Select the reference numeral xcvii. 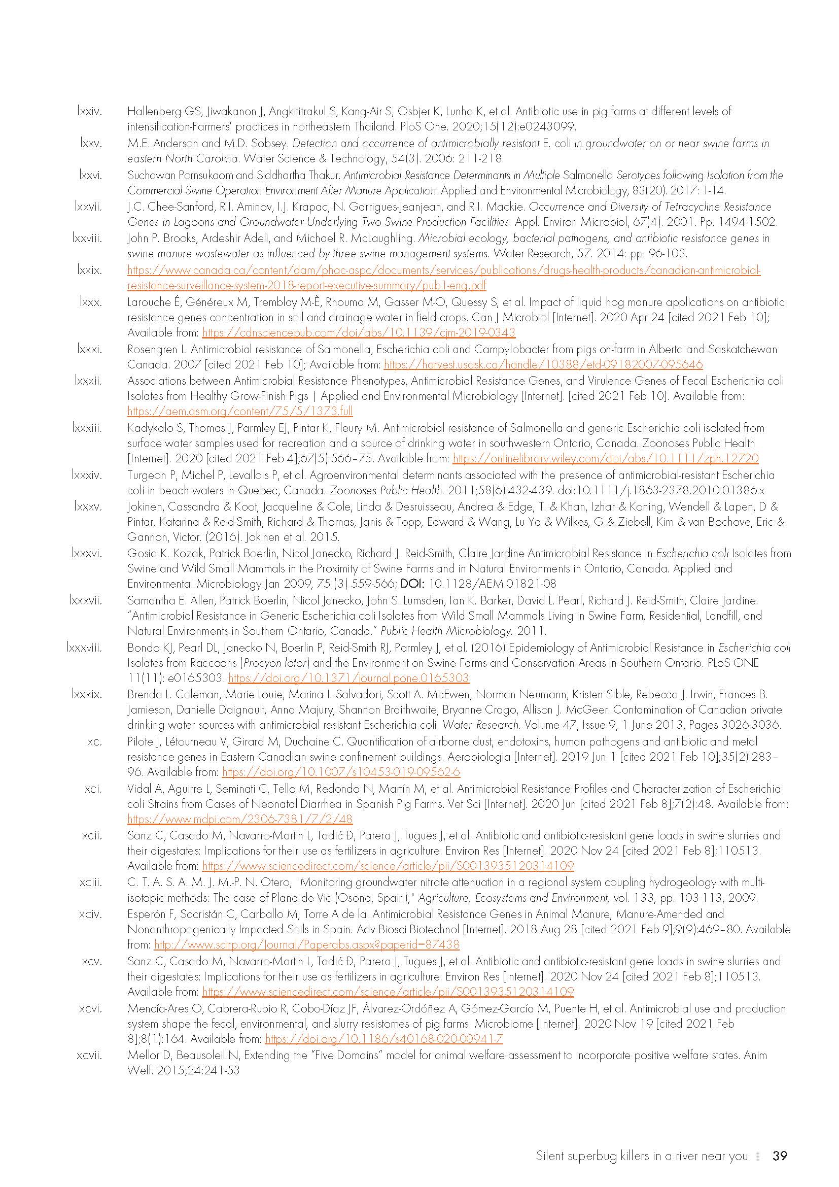point(89,1055)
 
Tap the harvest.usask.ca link point(543,364)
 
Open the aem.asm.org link point(240,412)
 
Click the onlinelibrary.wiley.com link point(606,459)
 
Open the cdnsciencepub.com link point(359,333)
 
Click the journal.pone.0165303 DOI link point(348,679)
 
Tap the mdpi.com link point(240,820)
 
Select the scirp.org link point(306,945)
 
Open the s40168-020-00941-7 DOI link point(383,1039)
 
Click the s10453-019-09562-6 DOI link point(341,772)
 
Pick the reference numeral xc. point(94,742)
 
